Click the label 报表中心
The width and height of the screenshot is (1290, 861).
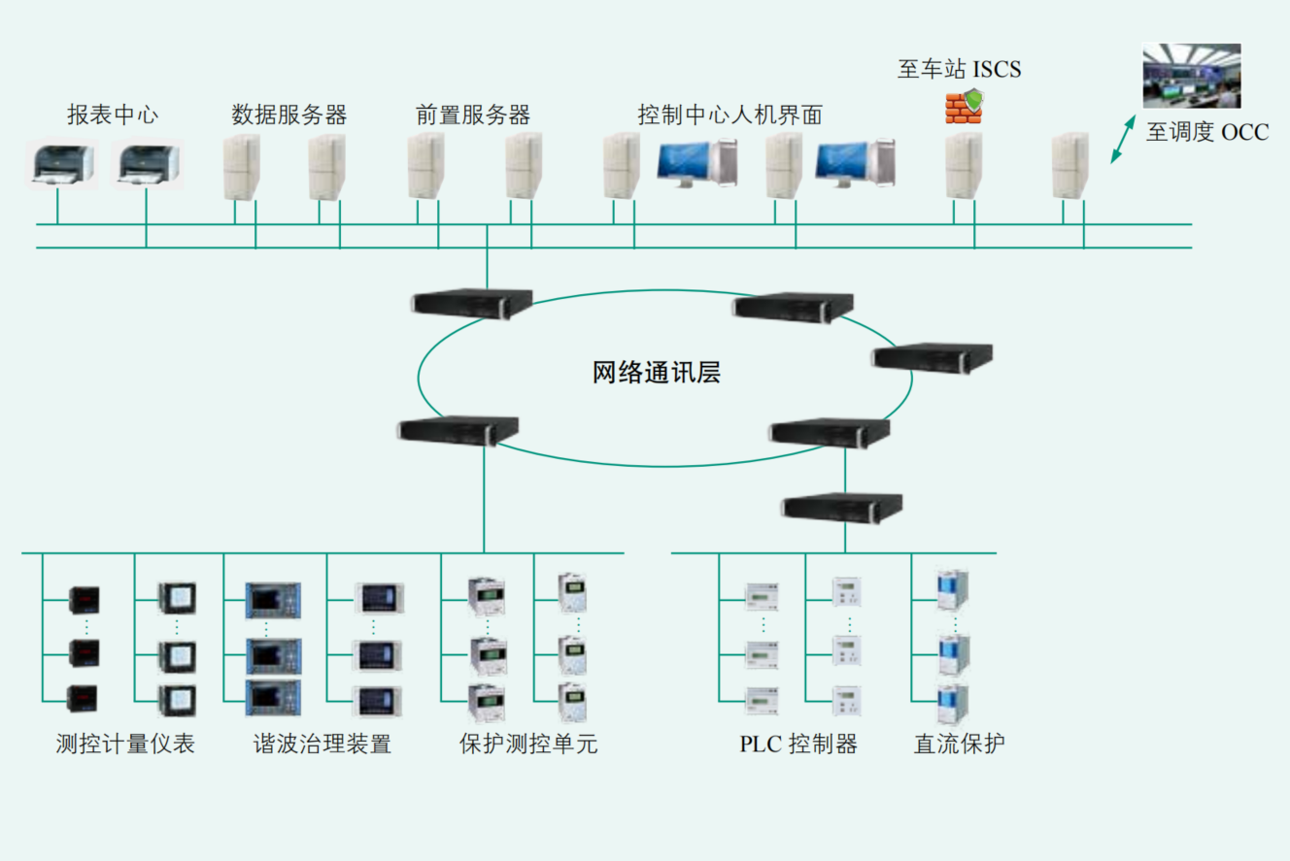coord(112,115)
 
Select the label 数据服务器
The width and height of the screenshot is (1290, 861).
coord(289,115)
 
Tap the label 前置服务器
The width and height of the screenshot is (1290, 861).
coord(473,115)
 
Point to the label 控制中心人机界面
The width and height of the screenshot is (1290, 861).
coord(730,115)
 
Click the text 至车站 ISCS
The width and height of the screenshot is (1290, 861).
coord(959,70)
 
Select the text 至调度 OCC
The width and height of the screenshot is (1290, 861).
coord(1206,133)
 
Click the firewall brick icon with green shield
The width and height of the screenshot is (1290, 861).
coord(965,106)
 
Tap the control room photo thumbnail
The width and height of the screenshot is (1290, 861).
coord(1191,75)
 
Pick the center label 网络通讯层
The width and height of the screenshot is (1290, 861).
coord(657,373)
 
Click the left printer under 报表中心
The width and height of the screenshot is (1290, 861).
coord(60,164)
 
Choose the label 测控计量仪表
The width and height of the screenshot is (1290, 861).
coord(125,745)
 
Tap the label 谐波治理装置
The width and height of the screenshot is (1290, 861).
coord(322,745)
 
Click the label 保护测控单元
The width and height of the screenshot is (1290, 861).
coord(528,745)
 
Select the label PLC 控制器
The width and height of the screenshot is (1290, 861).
coord(798,745)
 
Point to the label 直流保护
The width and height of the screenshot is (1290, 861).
coord(959,745)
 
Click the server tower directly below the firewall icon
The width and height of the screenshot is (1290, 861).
coord(964,166)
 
